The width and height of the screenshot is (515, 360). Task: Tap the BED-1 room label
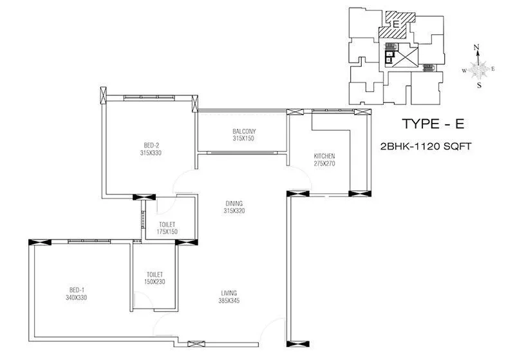[75, 290]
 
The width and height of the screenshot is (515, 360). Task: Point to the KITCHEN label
[324, 156]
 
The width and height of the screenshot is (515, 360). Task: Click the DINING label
[234, 203]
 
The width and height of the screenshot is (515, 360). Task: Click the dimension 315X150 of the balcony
[244, 138]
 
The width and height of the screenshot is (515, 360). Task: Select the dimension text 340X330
[75, 298]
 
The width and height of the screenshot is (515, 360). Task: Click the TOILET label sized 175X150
[167, 225]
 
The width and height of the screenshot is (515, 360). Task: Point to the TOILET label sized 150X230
[155, 274]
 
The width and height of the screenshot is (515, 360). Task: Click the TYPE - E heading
[431, 124]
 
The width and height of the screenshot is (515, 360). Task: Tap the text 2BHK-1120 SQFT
[427, 147]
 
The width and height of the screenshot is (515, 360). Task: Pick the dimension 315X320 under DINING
[234, 211]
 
